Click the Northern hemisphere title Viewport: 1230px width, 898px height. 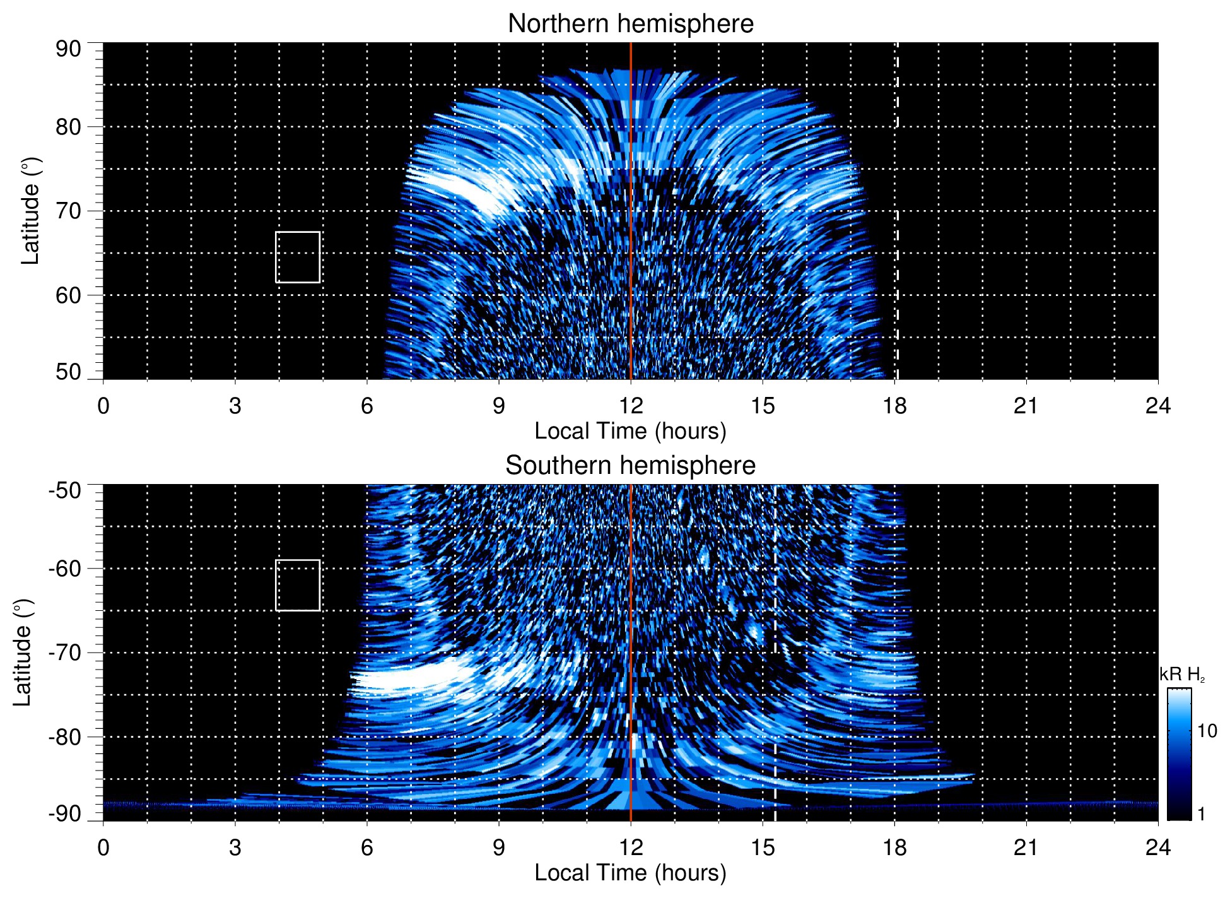(630, 24)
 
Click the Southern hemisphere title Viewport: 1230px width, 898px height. (630, 466)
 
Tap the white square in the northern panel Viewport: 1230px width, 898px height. (298, 257)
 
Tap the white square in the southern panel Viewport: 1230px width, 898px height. (298, 585)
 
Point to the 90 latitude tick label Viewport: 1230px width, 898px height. (68, 49)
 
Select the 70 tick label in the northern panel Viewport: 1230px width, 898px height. (68, 211)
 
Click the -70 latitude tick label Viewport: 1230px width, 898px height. (65, 653)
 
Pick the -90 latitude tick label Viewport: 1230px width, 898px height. (65, 813)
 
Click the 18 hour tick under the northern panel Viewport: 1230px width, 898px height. (894, 406)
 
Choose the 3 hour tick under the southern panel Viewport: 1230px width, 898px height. (235, 848)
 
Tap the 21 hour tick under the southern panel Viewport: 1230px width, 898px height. (1026, 848)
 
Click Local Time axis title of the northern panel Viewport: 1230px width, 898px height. (630, 432)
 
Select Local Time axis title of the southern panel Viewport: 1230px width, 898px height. (630, 873)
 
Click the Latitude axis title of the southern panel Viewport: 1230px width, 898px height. (23, 653)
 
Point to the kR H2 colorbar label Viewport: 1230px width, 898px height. (1181, 675)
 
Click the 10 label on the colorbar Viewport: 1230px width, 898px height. (1207, 731)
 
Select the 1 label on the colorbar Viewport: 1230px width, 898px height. (1201, 814)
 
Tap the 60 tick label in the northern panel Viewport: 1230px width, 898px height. (68, 295)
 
